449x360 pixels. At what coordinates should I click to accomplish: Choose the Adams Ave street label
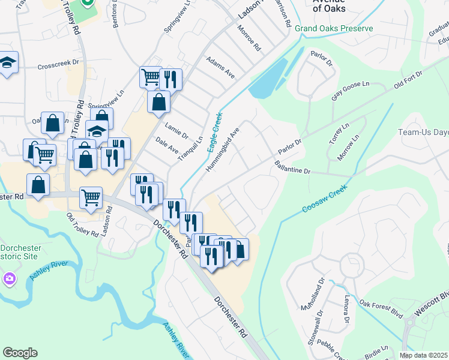[x=220, y=68]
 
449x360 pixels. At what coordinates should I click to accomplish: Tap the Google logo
[x=20, y=353]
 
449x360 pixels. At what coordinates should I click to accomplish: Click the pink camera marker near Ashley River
[x=9, y=278]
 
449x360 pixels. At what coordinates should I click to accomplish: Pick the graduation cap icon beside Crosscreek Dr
[x=7, y=63]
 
